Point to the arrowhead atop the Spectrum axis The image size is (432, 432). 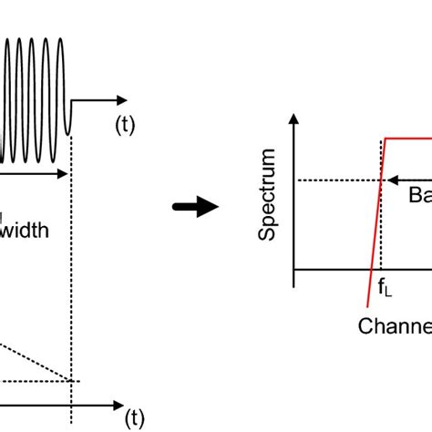pyautogui.click(x=294, y=119)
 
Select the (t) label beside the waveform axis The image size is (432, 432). pyautogui.click(x=123, y=125)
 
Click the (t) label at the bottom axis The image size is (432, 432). pyautogui.click(x=135, y=418)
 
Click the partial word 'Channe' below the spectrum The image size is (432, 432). pyautogui.click(x=395, y=325)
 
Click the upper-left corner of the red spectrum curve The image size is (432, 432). pyautogui.click(x=386, y=139)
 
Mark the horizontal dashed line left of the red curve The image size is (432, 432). pyautogui.click(x=337, y=180)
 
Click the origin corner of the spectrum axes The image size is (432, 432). pyautogui.click(x=294, y=270)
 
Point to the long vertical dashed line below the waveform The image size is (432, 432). pyautogui.click(x=70, y=273)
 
